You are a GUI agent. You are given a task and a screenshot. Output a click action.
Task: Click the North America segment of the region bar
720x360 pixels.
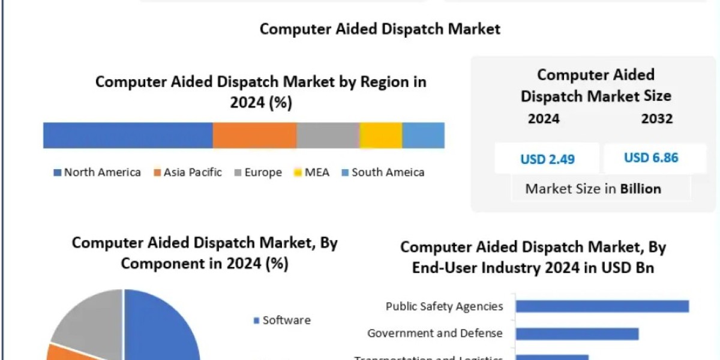point(128,135)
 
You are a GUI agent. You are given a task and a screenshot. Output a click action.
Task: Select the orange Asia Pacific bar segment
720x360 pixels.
point(254,135)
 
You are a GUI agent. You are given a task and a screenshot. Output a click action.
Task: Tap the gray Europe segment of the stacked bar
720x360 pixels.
point(328,135)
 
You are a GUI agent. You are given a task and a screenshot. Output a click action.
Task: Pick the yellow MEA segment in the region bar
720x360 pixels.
point(380,135)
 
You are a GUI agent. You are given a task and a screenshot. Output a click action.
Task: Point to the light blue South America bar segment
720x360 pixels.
point(423,135)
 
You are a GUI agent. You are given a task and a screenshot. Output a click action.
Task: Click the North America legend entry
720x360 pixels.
point(97,173)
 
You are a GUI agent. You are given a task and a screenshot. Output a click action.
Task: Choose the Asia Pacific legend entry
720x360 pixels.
point(188,173)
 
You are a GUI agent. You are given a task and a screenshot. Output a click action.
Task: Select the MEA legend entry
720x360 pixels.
point(311,173)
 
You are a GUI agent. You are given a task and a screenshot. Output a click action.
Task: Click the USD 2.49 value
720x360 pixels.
point(547,159)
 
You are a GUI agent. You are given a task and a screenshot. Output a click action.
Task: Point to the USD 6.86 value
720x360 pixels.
point(651,158)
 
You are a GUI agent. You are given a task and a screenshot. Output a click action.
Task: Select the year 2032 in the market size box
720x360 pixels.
point(656,119)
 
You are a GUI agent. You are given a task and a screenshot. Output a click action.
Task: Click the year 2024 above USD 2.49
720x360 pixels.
point(544,119)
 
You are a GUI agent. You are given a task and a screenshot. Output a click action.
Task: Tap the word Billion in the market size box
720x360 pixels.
point(640,189)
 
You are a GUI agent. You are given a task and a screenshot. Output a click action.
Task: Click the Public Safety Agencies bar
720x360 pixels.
point(602,307)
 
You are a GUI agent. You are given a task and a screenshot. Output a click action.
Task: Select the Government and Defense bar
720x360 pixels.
point(577,334)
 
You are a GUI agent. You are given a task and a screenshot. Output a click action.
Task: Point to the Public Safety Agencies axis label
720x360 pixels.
point(444,307)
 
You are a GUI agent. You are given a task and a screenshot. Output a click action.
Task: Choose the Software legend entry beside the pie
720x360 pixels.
point(283,320)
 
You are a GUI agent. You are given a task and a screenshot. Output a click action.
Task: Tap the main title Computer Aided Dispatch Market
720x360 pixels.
point(380,29)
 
